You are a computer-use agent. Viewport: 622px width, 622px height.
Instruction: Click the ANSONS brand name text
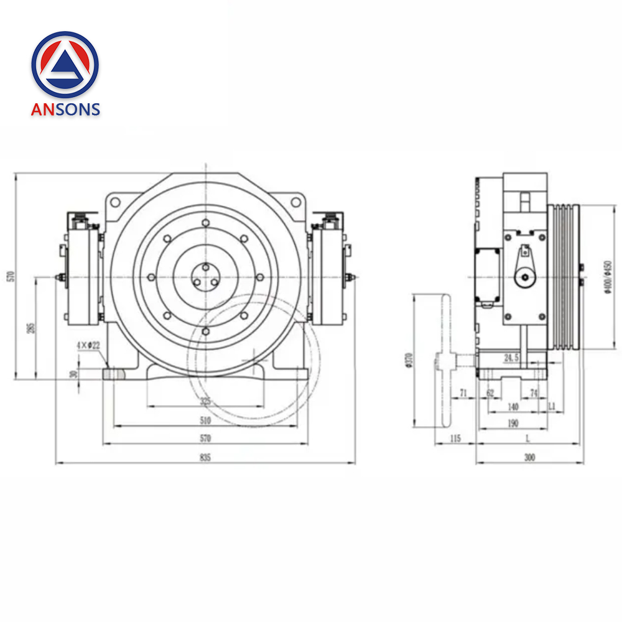[x=65, y=109]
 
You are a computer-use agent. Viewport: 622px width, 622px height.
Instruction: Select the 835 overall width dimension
[x=205, y=458]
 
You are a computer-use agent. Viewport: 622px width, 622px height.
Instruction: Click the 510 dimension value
[x=205, y=420]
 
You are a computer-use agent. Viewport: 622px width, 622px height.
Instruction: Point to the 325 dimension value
[x=205, y=402]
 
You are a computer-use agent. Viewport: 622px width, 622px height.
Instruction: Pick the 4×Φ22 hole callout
[x=88, y=345]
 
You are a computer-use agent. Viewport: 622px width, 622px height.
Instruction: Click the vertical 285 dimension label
[x=30, y=327]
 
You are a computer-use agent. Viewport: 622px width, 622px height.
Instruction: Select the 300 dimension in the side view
[x=529, y=458]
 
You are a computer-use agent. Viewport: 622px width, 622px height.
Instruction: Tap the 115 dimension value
[x=455, y=439]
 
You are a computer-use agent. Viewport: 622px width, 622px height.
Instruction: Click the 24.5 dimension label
[x=511, y=358]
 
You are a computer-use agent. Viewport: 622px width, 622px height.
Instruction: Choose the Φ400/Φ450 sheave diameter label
[x=608, y=276]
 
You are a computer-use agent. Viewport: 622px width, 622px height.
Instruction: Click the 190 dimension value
[x=512, y=423]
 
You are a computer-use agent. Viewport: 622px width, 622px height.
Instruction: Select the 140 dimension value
[x=513, y=407]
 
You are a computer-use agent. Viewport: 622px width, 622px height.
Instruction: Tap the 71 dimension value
[x=463, y=393]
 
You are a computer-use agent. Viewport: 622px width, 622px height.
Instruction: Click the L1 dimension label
[x=551, y=406]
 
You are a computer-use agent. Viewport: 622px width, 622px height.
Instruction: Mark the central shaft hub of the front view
[x=205, y=276]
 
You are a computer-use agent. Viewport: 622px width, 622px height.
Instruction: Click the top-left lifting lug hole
[x=114, y=202]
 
